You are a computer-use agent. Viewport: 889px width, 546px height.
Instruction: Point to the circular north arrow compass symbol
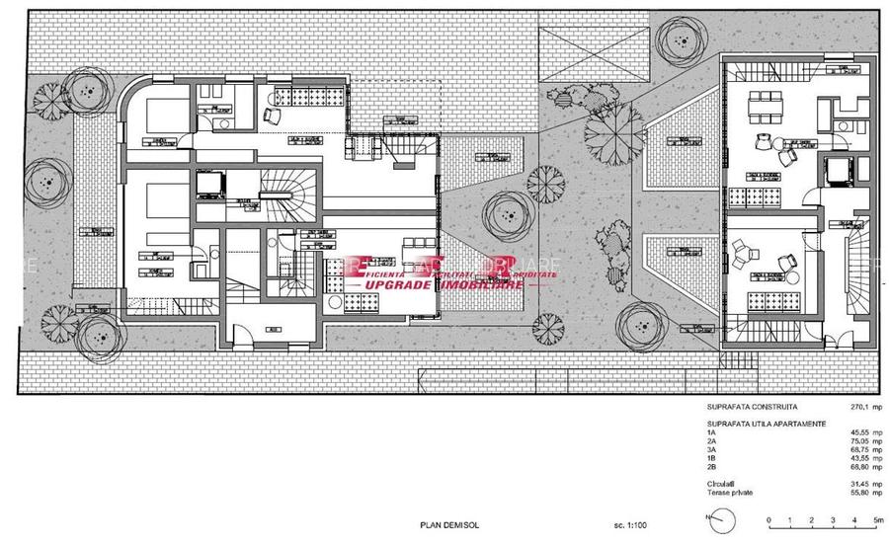click(724, 516)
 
